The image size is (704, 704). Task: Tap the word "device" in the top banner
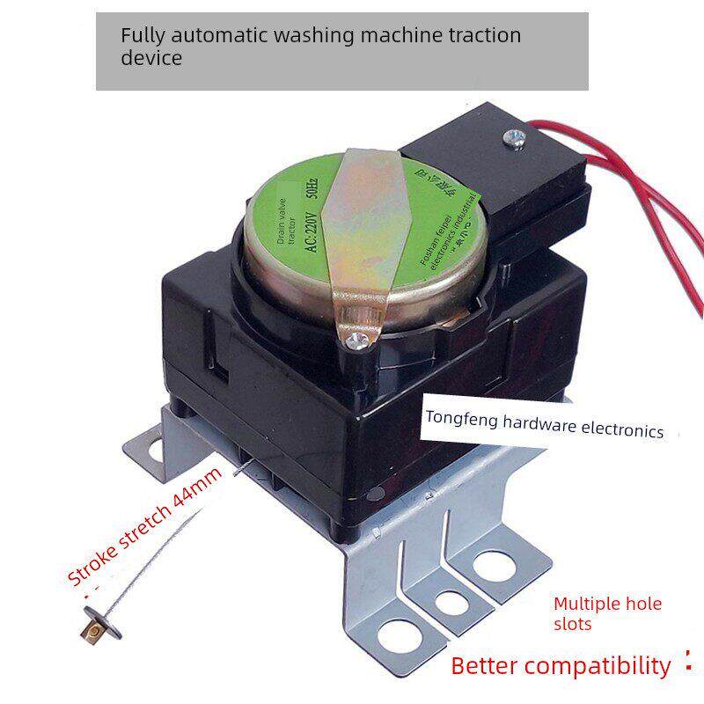click(x=151, y=59)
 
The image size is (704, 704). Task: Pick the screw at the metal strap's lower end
click(x=358, y=338)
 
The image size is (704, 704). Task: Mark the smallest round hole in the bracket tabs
click(x=452, y=604)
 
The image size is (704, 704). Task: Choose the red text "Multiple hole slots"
click(x=606, y=613)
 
